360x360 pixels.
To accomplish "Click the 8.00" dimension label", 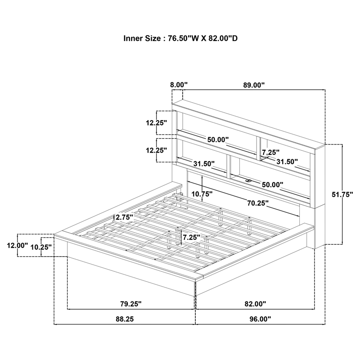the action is click(179, 85).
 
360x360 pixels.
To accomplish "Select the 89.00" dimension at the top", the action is click(254, 85).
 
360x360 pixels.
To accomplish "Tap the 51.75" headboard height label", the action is click(342, 194).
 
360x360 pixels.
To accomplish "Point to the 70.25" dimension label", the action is click(258, 203).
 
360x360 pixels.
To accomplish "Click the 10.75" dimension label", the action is click(202, 194).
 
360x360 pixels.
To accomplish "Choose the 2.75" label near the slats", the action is click(125, 217).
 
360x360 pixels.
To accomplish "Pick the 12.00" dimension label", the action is click(17, 245).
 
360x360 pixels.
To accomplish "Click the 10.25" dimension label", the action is click(41, 247).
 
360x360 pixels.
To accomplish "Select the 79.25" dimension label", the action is click(131, 304).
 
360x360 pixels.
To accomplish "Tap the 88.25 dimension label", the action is click(125, 319).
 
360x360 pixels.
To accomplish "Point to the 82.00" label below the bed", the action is click(255, 304).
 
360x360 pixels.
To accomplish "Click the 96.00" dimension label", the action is click(260, 319).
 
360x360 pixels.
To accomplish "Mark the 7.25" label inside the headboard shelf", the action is click(271, 152).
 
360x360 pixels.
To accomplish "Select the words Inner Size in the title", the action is click(142, 38).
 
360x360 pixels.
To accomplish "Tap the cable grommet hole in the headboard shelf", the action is click(249, 181).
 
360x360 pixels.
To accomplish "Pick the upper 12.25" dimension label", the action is click(156, 123).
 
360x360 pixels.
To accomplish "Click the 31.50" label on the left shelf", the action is click(204, 164).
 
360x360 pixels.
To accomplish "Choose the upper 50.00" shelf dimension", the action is click(218, 139).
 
